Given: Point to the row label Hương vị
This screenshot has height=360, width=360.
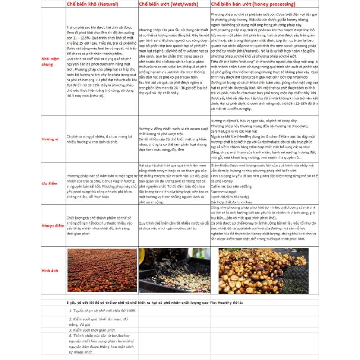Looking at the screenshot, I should [x=50, y=139].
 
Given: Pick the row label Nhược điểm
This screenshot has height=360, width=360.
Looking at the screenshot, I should [x=50, y=225].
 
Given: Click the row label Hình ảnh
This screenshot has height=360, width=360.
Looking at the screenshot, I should [x=50, y=270].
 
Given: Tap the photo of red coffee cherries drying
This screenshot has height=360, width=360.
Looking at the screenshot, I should [x=102, y=270].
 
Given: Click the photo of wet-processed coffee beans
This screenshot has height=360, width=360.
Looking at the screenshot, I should [x=174, y=270].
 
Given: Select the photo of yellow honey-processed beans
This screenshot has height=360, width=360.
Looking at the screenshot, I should [x=264, y=270].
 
